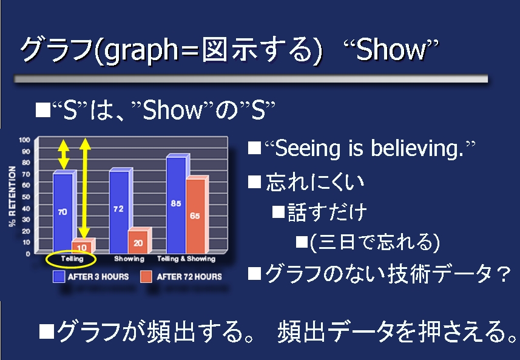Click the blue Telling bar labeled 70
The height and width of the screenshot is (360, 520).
(63, 213)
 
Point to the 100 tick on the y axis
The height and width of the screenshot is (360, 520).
(24, 140)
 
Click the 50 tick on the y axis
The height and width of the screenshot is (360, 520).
(26, 197)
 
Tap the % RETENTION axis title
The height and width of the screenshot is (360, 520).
(12, 197)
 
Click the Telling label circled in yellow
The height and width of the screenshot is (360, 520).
(72, 259)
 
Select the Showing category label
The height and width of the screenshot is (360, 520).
(129, 259)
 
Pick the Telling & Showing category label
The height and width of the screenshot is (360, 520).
(186, 259)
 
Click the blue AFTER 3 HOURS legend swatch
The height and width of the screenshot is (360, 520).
(59, 277)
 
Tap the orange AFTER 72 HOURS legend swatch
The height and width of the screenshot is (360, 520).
(146, 277)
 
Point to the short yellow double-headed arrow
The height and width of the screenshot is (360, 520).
(63, 155)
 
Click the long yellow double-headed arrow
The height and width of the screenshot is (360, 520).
(85, 188)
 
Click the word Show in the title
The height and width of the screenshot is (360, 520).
(391, 50)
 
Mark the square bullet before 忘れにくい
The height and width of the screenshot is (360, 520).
(254, 182)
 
